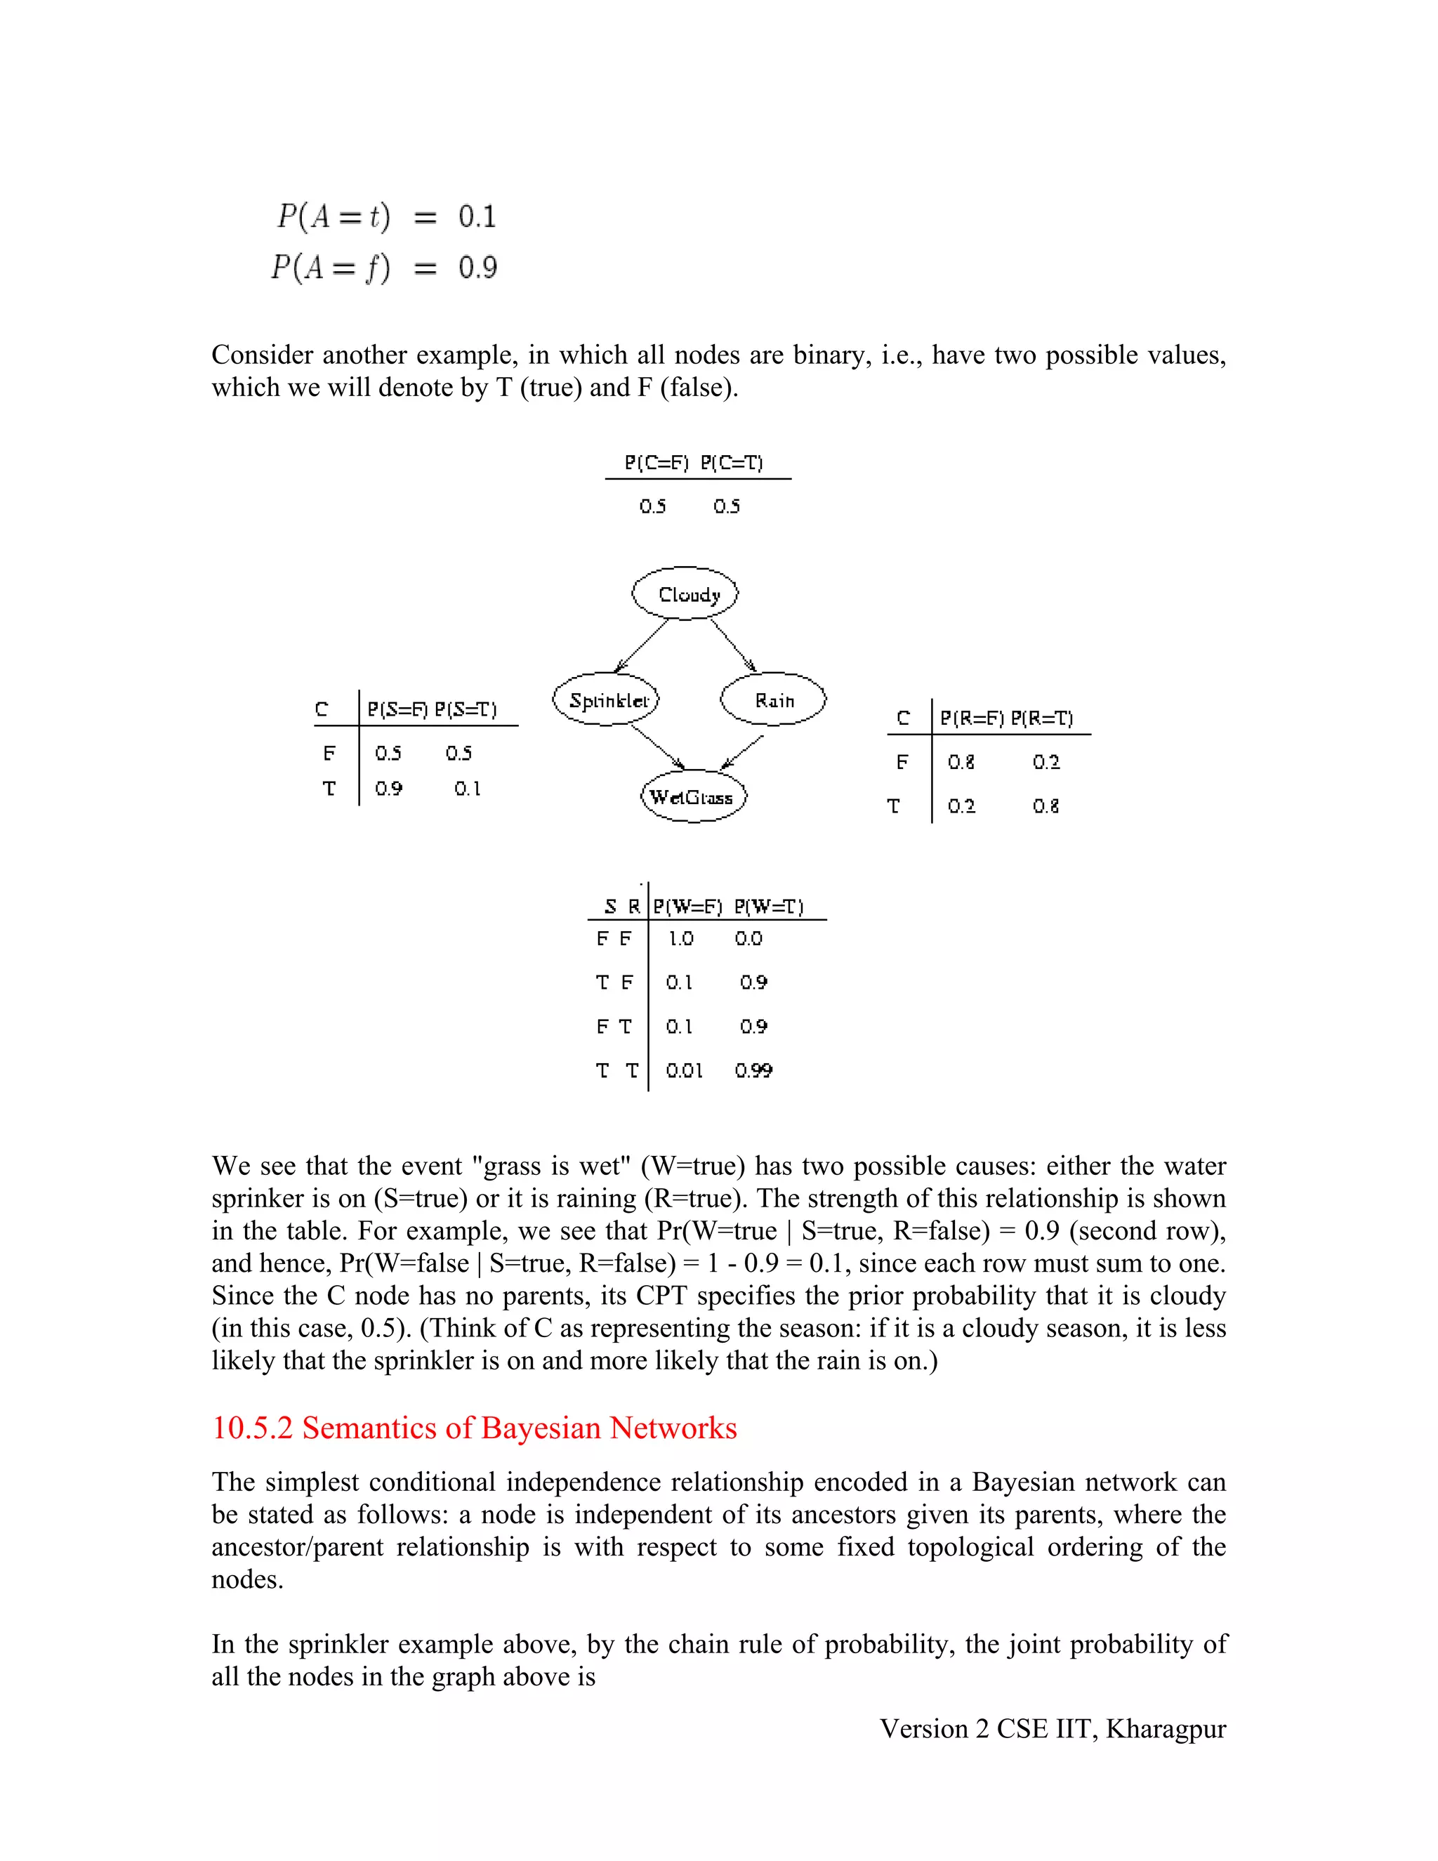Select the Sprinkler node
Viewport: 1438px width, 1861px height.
tap(606, 700)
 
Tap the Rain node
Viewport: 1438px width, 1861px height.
tap(774, 700)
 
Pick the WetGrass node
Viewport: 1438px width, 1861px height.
tap(692, 798)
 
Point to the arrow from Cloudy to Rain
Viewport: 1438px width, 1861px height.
tap(732, 645)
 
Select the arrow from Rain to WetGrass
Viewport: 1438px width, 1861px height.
tap(742, 752)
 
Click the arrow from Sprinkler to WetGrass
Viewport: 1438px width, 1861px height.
tap(658, 747)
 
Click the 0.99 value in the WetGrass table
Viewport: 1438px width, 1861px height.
tap(753, 1071)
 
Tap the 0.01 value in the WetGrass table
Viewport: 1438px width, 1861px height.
tap(684, 1071)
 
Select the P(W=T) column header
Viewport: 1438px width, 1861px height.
tap(768, 907)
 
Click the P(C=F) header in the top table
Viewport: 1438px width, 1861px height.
tap(655, 463)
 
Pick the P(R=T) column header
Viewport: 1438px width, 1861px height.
tap(1042, 718)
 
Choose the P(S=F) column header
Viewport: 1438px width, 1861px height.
tap(397, 710)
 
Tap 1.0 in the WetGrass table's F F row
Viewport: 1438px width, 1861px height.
tap(680, 939)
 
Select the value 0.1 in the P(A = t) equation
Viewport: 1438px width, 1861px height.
tap(477, 216)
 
